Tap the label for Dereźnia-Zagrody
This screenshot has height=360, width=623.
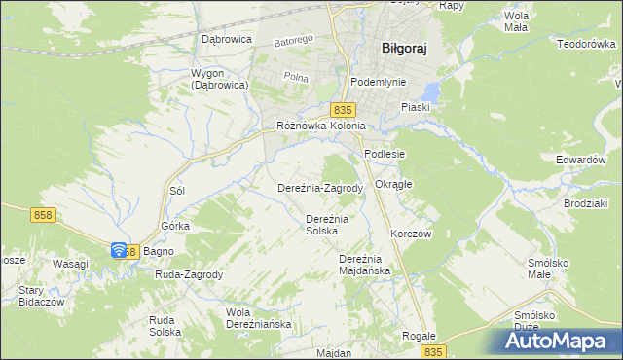(x=320, y=188)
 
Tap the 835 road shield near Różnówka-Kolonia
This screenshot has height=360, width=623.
(x=341, y=110)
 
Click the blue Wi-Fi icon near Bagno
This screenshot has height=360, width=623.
(x=119, y=250)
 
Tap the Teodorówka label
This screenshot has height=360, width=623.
(x=587, y=44)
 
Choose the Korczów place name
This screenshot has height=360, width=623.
(x=410, y=234)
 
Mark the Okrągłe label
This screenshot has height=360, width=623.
(x=394, y=184)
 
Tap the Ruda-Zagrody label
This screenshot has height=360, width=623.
(x=189, y=274)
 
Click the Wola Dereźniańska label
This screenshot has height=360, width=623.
(x=258, y=318)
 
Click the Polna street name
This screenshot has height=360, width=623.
(x=295, y=75)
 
